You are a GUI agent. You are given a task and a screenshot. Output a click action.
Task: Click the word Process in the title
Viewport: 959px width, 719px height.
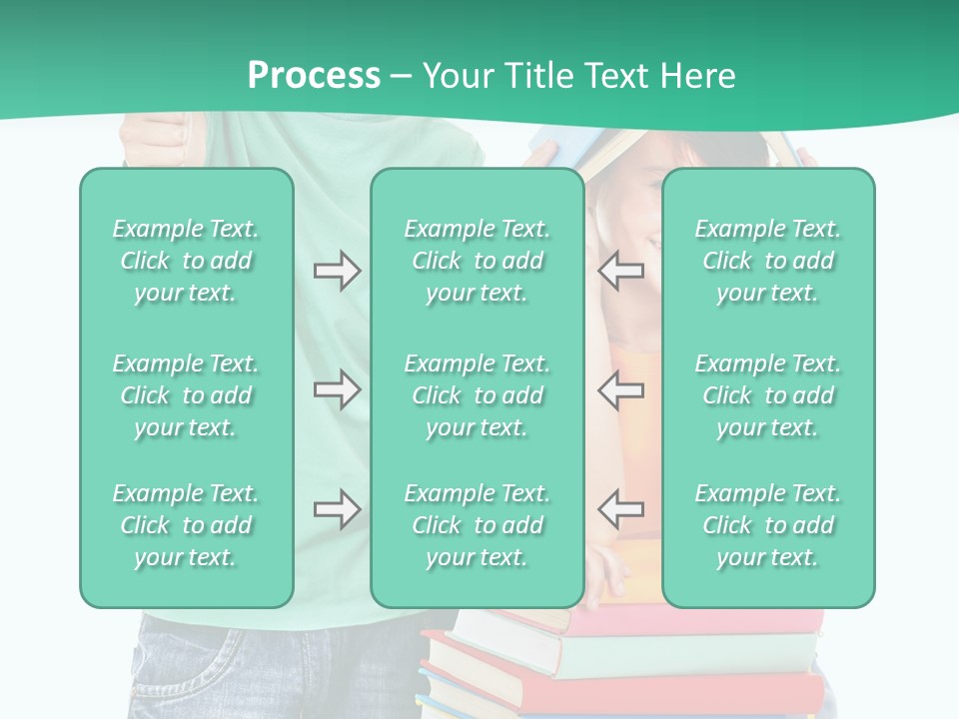click(314, 76)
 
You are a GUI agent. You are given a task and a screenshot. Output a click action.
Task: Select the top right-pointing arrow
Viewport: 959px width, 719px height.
click(337, 271)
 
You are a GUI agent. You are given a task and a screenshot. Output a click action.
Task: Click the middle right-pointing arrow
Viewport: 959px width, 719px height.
click(337, 388)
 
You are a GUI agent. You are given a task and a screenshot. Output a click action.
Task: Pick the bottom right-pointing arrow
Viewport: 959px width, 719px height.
click(337, 509)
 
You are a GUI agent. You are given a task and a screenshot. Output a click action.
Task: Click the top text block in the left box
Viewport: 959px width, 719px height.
click(186, 261)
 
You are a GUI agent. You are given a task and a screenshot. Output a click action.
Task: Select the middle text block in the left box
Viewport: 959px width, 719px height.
click(186, 395)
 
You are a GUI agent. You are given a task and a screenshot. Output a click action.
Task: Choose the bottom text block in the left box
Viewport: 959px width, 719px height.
click(186, 525)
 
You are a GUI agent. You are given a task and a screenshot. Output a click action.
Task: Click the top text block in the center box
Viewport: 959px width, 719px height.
click(477, 261)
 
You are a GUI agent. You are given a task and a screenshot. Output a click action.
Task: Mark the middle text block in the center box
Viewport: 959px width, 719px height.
click(477, 395)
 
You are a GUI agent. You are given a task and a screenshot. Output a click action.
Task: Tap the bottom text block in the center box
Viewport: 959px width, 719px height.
click(477, 525)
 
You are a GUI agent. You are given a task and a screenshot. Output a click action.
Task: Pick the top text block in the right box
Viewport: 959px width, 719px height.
click(767, 261)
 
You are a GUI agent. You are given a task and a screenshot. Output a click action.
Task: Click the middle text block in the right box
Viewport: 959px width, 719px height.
click(767, 395)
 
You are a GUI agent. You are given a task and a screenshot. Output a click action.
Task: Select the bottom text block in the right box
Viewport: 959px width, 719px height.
click(767, 525)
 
